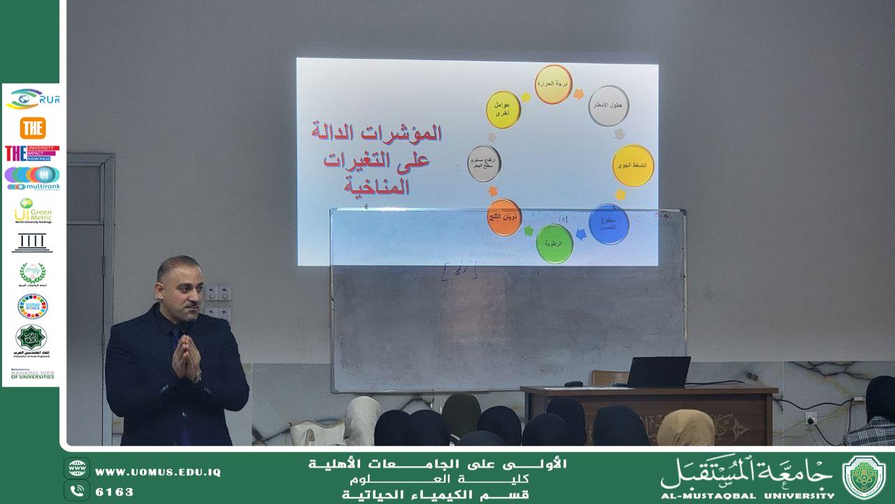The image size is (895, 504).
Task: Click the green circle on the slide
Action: (554, 243)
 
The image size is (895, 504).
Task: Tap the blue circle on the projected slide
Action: (609, 224)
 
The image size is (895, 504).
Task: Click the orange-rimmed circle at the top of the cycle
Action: (553, 84)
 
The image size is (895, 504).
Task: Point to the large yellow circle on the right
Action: (633, 166)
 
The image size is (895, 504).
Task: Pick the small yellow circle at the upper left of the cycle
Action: (503, 110)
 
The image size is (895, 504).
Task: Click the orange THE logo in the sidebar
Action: (32, 128)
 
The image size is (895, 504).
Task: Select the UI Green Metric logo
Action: (32, 210)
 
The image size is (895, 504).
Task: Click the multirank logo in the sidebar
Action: (32, 178)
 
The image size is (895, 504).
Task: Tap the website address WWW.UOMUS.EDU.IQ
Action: (157, 473)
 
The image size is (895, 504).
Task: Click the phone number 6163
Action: (114, 491)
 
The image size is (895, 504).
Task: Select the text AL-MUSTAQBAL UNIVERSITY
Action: (747, 495)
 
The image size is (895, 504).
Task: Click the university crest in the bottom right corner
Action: (864, 477)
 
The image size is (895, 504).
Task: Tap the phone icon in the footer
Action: (77, 491)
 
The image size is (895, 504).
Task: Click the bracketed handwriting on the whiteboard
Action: (459, 270)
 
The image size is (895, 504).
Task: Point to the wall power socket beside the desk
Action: (810, 419)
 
